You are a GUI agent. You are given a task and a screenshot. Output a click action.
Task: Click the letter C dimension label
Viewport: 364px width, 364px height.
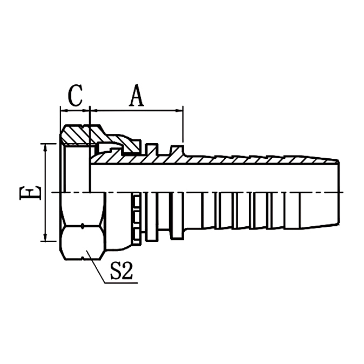pos(75,96)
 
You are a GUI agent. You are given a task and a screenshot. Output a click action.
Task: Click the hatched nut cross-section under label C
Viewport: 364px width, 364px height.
pos(78,134)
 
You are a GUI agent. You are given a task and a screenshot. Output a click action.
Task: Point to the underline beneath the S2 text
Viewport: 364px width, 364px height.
pos(122,282)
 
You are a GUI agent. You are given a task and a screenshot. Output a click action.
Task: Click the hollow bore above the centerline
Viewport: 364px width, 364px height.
pos(216,178)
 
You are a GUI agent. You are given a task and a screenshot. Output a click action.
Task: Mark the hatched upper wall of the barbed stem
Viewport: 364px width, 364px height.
pos(243,160)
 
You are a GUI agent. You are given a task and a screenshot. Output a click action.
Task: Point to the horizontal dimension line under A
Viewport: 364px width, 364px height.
pos(137,110)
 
